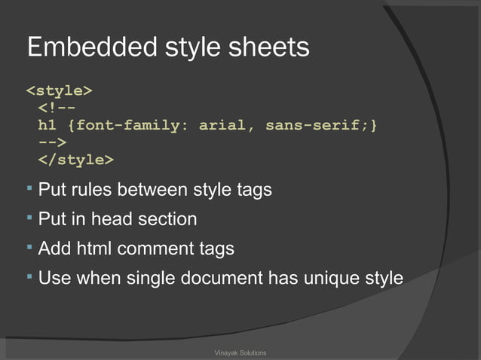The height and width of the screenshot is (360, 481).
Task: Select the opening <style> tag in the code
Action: point(60,91)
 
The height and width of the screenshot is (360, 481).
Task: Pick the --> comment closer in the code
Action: point(52,142)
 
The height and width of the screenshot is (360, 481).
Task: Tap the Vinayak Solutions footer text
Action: point(240,352)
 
